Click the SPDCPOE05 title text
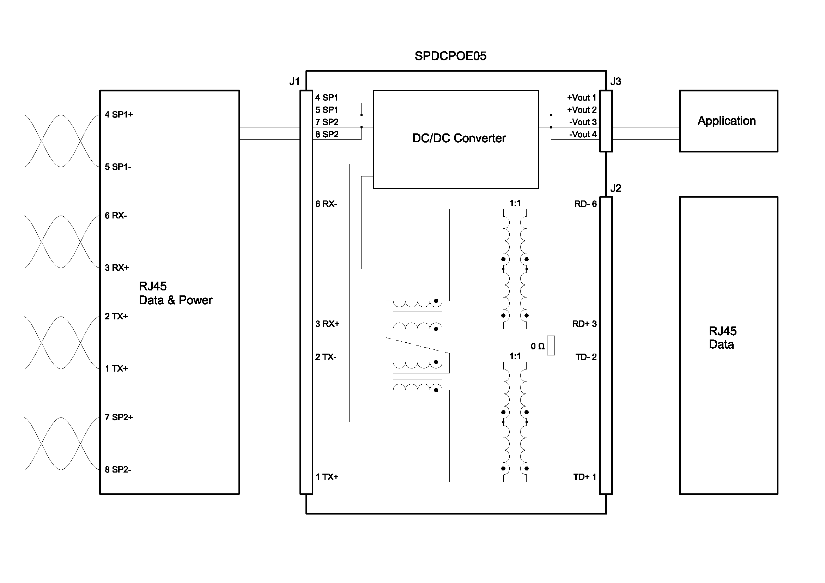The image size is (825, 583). tap(450, 56)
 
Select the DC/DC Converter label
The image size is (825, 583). tap(459, 138)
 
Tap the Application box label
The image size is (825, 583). tap(727, 121)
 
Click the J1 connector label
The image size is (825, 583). tap(294, 82)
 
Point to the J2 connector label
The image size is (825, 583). tap(615, 188)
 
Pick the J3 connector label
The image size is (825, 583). tap(615, 82)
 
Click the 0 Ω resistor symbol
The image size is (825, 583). tap(551, 345)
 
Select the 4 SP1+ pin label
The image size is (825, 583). tap(119, 115)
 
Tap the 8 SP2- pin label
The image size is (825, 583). tap(118, 469)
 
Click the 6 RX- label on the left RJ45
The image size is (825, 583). tap(116, 216)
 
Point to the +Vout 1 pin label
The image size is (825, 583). tap(581, 98)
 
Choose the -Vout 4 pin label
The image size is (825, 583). tap(582, 134)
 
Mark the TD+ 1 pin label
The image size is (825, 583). tap(584, 477)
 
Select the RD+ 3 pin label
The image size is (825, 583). tap(584, 324)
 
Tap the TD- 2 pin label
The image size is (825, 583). tap(586, 357)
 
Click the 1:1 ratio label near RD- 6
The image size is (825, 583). tap(515, 203)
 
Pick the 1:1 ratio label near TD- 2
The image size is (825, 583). tap(515, 356)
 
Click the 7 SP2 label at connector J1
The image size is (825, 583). tap(327, 122)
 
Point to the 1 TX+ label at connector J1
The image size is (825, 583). tap(327, 477)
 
